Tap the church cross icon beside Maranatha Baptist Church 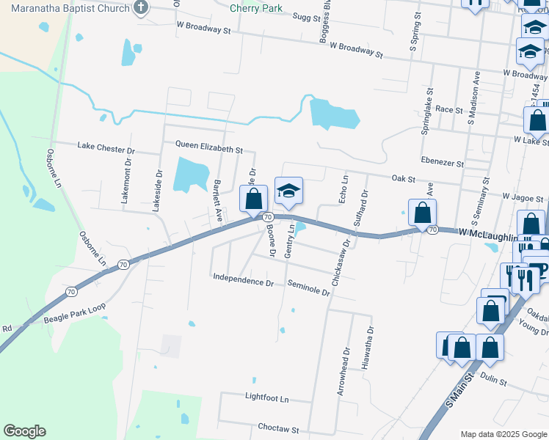[x=142, y=9]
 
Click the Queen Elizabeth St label [x=208, y=149]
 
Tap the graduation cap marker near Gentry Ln [x=289, y=192]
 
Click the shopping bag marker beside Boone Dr [x=254, y=199]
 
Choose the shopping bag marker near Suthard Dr [x=422, y=213]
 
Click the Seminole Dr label [x=309, y=287]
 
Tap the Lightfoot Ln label [x=267, y=397]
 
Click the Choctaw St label [x=278, y=428]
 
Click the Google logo [x=24, y=431]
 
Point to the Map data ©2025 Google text [x=503, y=433]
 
